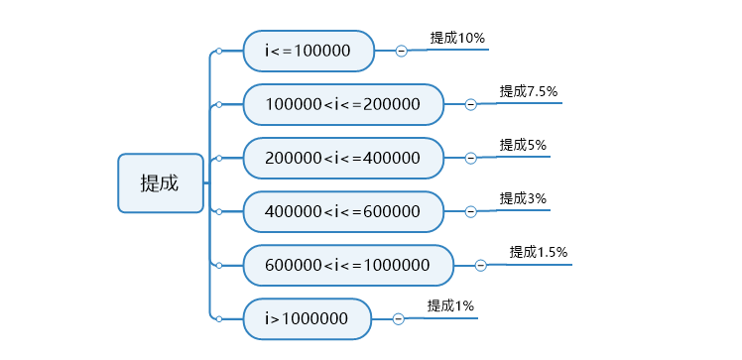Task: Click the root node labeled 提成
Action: (x=160, y=182)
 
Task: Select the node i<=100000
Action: (x=309, y=51)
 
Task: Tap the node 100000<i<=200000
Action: (x=343, y=104)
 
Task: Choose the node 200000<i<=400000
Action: (x=343, y=158)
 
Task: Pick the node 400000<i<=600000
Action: (x=343, y=211)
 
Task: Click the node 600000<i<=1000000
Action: (x=348, y=265)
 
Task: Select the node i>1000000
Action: (x=307, y=318)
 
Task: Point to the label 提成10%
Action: (x=457, y=38)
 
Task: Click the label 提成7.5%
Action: (x=529, y=91)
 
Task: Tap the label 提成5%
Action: (x=523, y=145)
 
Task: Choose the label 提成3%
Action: (x=523, y=198)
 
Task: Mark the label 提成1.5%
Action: (x=539, y=252)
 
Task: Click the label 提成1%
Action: (x=450, y=305)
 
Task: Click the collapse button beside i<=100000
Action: (x=402, y=51)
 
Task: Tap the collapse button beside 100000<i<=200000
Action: (x=471, y=104)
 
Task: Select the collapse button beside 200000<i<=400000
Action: (x=471, y=158)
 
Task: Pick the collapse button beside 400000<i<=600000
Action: (x=471, y=211)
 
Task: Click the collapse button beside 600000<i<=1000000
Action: (x=481, y=265)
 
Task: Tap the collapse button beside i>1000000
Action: (x=399, y=318)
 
